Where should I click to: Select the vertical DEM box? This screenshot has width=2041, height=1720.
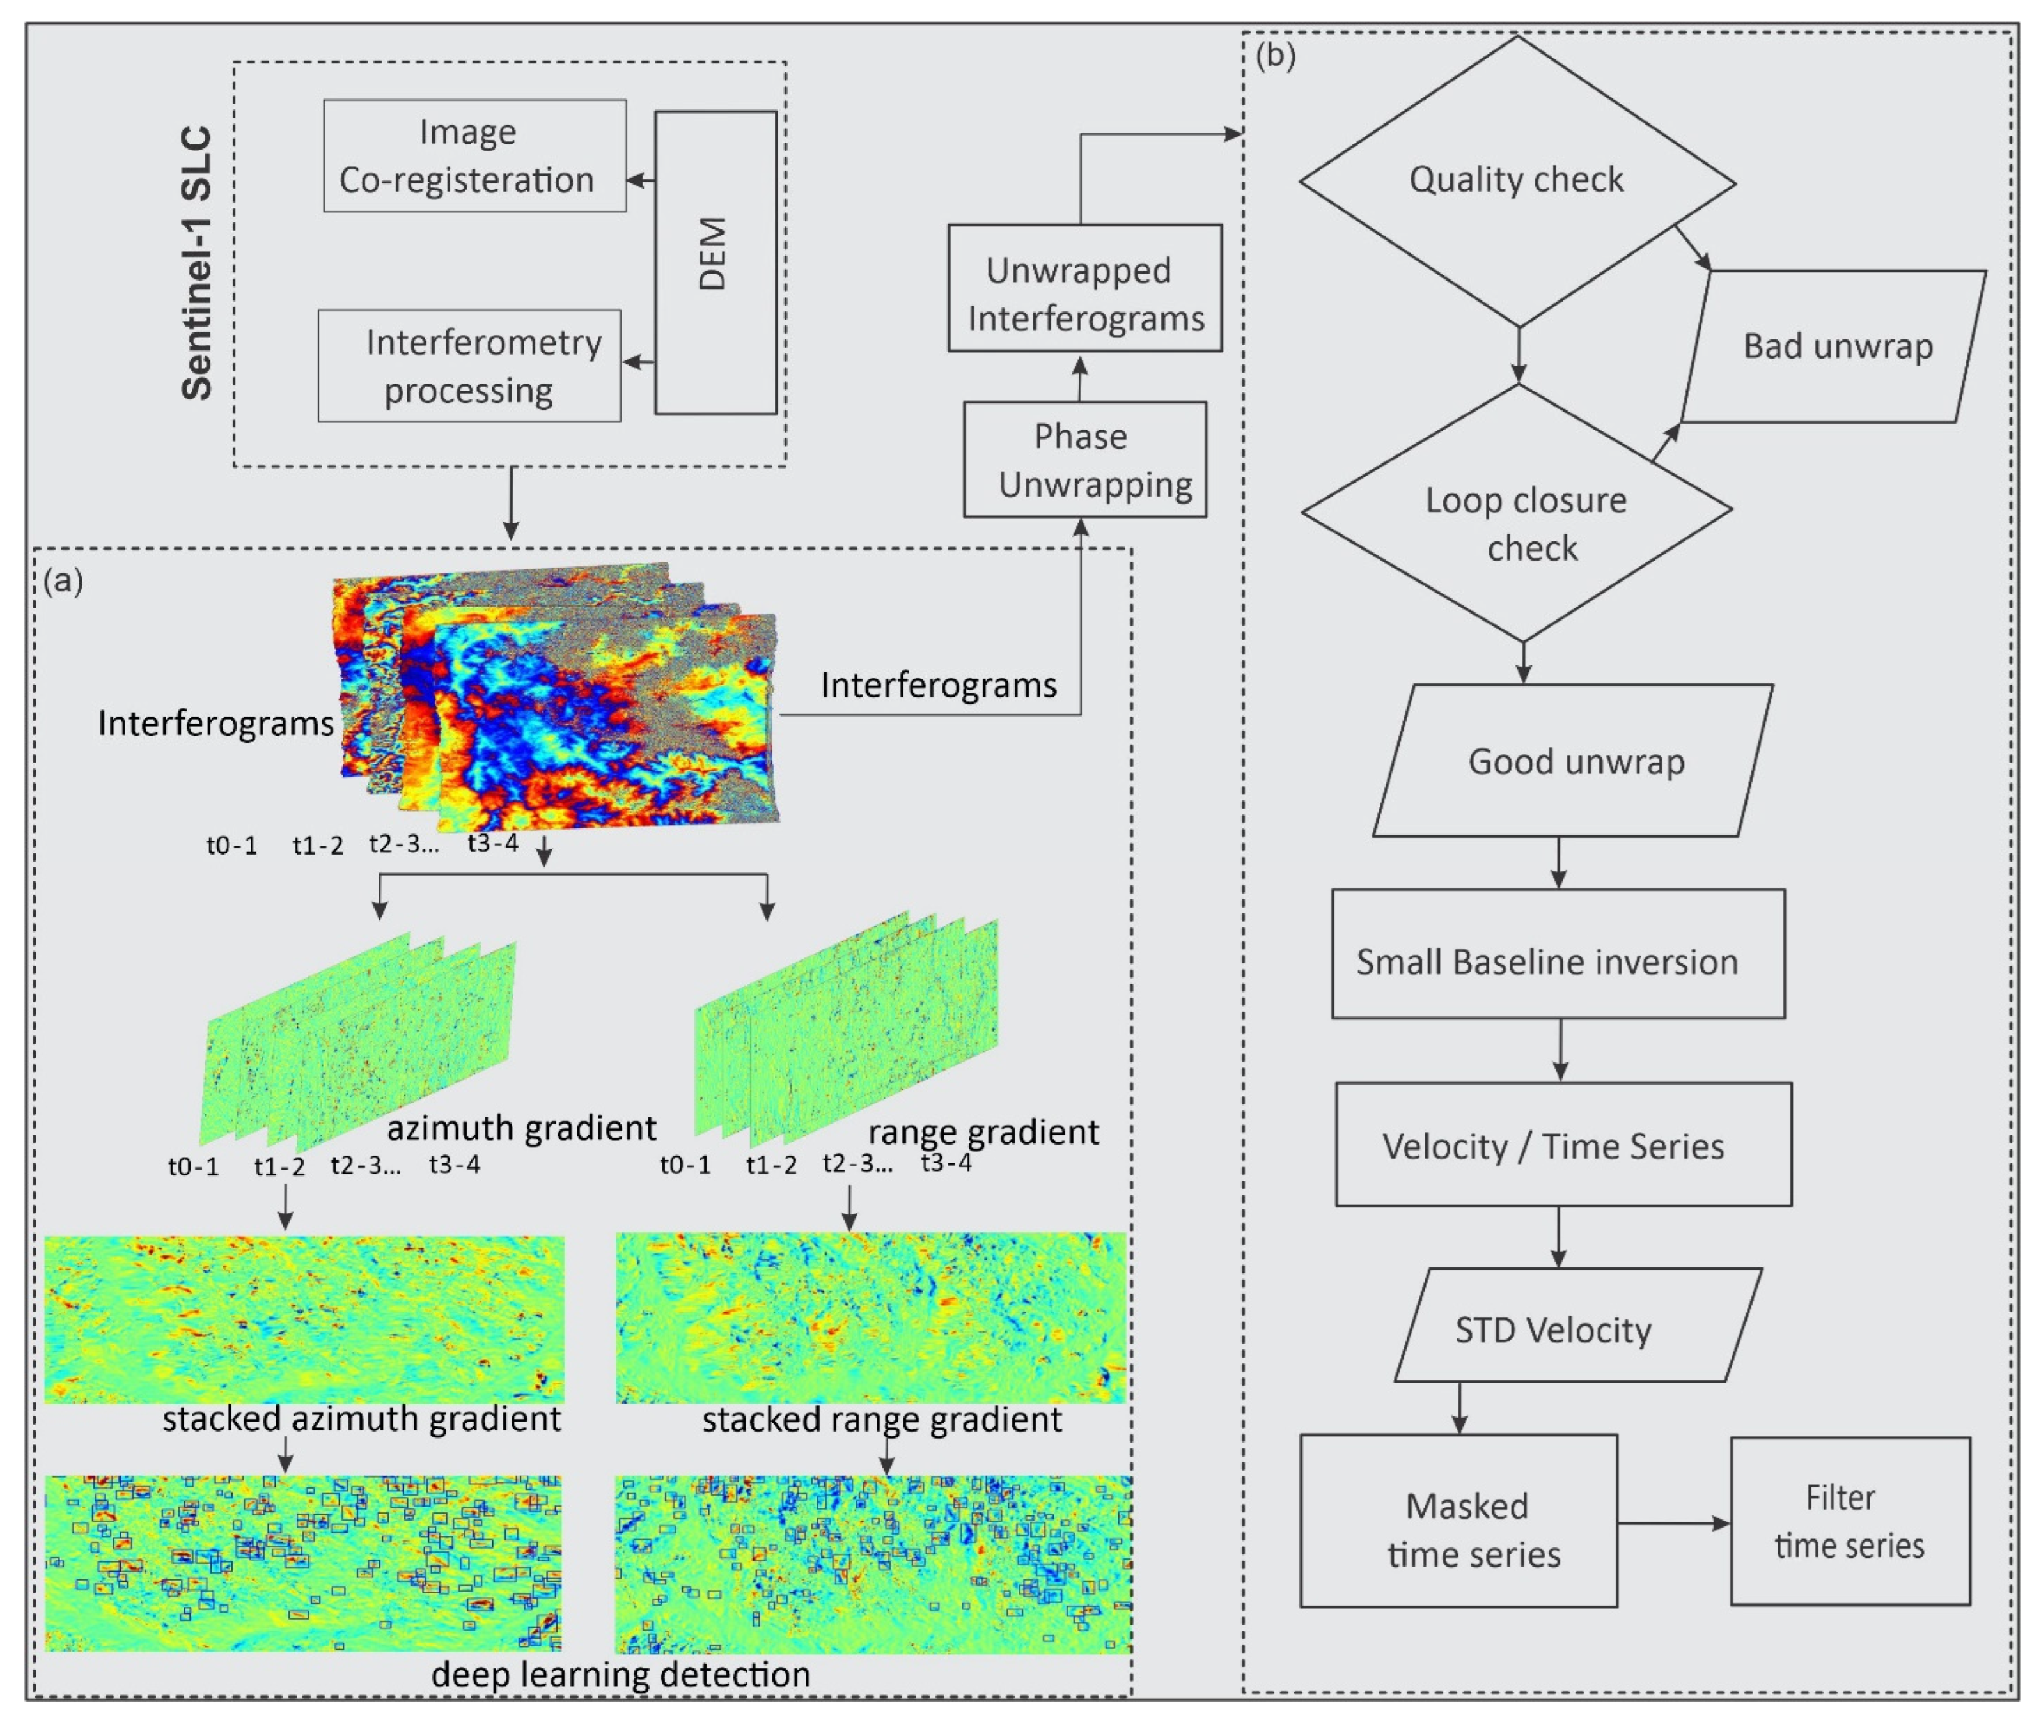click(715, 261)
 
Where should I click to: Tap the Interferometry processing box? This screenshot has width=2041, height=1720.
click(469, 366)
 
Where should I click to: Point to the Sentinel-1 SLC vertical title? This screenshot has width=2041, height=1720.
click(198, 263)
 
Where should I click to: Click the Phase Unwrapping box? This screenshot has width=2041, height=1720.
click(1084, 460)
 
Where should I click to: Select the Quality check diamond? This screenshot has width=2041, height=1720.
click(1517, 182)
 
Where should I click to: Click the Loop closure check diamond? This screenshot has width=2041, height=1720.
click(1517, 512)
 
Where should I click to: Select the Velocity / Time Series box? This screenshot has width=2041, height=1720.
click(1562, 1145)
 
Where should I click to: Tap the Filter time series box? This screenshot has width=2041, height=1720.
click(1849, 1519)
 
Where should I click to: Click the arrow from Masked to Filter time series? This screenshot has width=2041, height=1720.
click(1673, 1523)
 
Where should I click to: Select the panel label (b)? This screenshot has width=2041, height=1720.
click(1274, 56)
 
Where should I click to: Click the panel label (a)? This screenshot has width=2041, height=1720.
click(63, 580)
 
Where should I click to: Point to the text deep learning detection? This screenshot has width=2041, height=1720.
click(620, 1673)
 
